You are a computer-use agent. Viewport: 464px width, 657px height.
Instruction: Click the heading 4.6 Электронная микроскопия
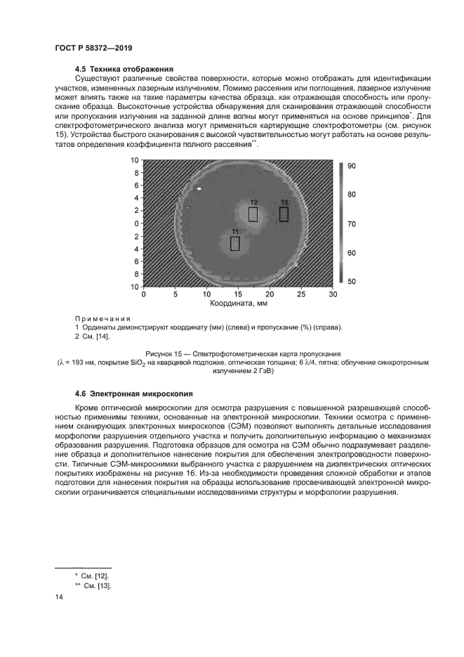133,393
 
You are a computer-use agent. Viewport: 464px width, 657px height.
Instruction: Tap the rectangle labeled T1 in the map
235,243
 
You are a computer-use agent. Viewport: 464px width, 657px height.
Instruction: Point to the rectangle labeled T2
253,214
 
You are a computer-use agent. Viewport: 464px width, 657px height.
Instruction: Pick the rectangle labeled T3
284,214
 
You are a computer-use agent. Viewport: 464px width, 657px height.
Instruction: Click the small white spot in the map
200,188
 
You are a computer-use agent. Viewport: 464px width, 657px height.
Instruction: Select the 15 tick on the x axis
238,295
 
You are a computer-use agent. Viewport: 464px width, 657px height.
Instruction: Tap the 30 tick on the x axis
333,295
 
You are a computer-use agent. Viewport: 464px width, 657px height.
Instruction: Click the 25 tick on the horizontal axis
301,295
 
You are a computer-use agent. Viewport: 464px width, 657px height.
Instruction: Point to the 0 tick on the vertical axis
136,223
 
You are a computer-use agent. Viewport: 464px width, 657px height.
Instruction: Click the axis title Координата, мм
238,305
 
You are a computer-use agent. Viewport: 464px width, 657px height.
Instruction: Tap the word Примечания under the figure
103,318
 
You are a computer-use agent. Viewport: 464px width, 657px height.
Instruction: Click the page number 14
59,597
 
